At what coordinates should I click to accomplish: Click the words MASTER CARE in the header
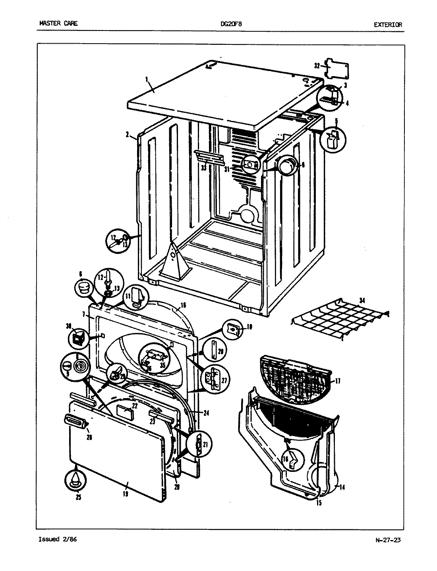58,23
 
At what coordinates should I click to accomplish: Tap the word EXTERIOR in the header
388,24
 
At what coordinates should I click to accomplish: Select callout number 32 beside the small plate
317,66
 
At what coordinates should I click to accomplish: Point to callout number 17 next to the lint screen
338,381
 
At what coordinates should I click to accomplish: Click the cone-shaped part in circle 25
75,481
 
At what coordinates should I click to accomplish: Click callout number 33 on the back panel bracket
203,168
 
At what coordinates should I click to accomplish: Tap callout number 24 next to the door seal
206,413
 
